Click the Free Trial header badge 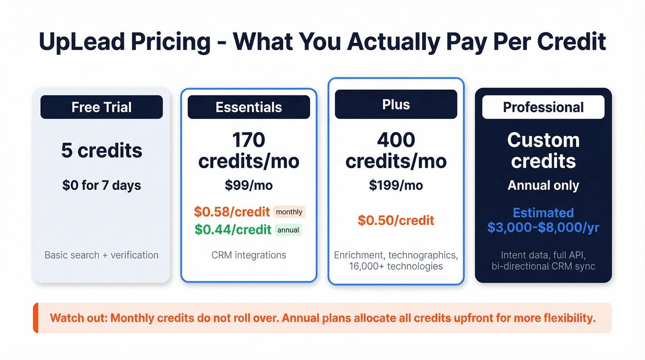(101, 107)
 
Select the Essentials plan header (249, 107)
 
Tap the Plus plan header (396, 105)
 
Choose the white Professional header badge (543, 107)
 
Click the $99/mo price (249, 185)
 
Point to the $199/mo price (396, 185)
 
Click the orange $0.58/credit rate (232, 212)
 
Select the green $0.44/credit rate (233, 230)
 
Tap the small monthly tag (289, 212)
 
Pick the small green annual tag (288, 230)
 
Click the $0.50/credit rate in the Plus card (396, 220)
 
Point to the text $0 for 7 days (101, 185)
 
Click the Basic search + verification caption (101, 255)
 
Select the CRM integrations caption (249, 255)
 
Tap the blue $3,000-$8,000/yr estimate (543, 228)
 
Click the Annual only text (543, 185)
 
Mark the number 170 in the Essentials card (249, 140)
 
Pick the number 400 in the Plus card (396, 140)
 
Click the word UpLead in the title (79, 41)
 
